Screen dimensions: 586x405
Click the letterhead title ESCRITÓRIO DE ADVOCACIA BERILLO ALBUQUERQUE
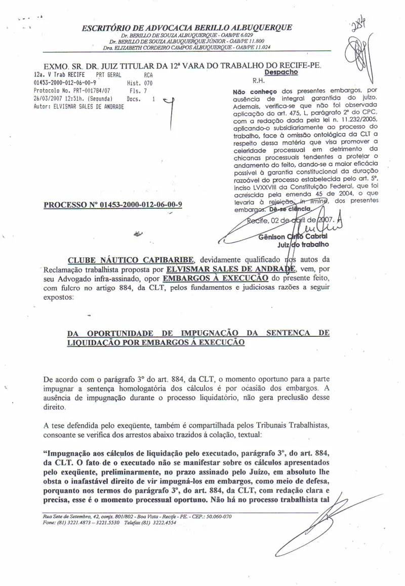(x=187, y=27)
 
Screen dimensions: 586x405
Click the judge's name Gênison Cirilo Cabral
(x=293, y=237)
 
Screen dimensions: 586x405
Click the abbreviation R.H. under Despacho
(x=258, y=80)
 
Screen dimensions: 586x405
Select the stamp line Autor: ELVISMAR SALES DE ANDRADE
(x=78, y=107)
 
